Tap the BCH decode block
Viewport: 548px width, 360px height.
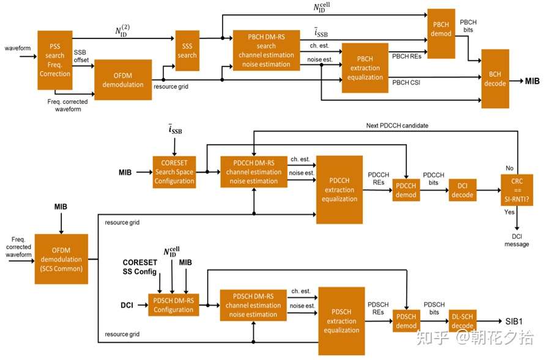click(x=495, y=78)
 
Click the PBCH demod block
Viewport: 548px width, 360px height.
click(x=440, y=34)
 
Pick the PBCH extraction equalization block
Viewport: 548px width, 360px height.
click(x=365, y=68)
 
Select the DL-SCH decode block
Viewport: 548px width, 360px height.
click(x=462, y=320)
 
